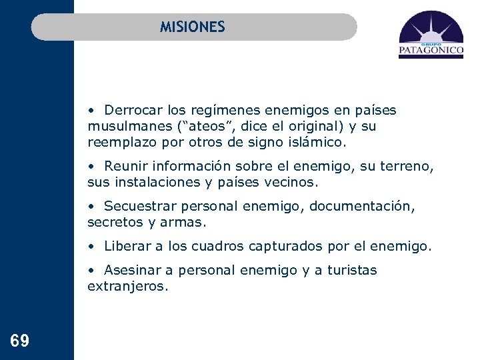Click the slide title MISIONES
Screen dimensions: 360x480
tap(192, 27)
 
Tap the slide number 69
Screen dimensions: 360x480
tap(20, 342)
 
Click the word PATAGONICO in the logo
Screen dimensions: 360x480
tap(431, 50)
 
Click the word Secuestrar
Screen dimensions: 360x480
tap(137, 206)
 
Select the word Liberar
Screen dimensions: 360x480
tap(128, 246)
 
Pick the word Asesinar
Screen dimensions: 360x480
tap(130, 270)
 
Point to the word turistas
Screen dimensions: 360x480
tap(352, 270)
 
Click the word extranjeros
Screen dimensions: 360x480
tap(126, 286)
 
